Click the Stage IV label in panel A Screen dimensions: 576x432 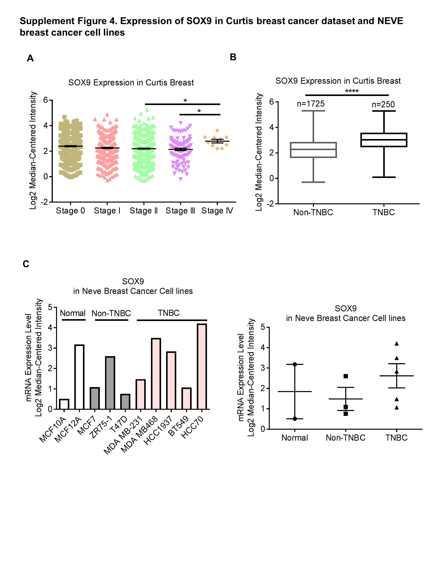click(217, 211)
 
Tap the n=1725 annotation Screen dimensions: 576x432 click(310, 104)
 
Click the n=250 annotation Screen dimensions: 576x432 click(383, 105)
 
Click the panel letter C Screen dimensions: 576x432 click(26, 264)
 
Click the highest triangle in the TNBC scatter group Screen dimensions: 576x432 click(397, 344)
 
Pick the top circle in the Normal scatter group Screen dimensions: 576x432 click(295, 364)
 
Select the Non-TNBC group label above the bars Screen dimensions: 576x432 click(111, 313)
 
